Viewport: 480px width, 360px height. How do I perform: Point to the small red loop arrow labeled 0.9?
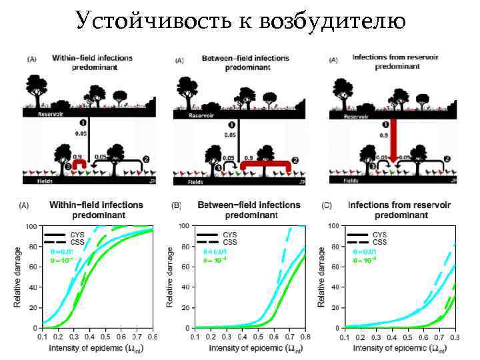79,164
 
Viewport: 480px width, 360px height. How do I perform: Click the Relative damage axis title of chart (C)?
322,276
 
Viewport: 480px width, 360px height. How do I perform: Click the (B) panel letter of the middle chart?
176,205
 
